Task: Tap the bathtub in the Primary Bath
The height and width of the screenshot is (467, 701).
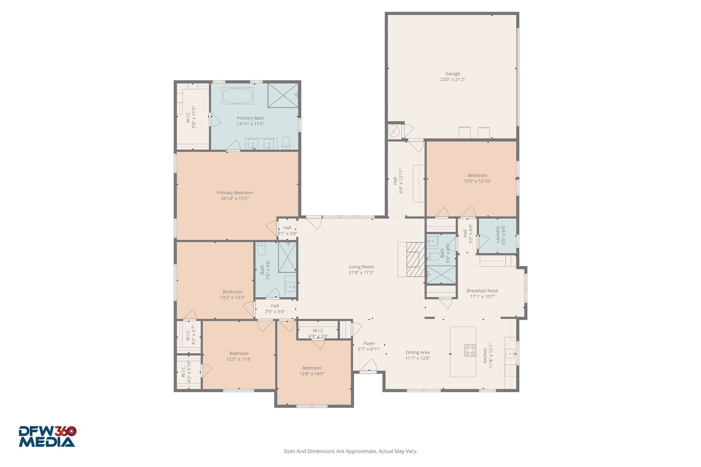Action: [238, 96]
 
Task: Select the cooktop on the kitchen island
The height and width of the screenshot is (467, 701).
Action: [470, 350]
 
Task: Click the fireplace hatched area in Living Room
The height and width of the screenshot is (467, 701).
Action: [415, 260]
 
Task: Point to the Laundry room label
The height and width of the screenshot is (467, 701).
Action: [500, 235]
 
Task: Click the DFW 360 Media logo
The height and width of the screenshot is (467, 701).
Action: [47, 437]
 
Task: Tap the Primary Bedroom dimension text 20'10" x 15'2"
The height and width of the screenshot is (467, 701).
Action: [235, 199]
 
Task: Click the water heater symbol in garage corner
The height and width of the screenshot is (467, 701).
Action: [393, 131]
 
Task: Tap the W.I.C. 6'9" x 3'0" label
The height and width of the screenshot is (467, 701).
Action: [318, 333]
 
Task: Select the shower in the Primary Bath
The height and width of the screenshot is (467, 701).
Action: [283, 95]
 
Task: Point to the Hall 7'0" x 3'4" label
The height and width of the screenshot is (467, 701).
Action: [275, 309]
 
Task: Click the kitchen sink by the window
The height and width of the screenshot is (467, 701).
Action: [510, 354]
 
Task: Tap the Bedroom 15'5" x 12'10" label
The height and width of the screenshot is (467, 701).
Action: [477, 178]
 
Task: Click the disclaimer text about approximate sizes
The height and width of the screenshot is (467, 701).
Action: [350, 451]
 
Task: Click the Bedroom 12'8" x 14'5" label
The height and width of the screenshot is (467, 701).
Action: [312, 371]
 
